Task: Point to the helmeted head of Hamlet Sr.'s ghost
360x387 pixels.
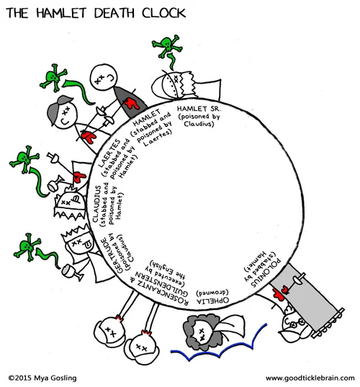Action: click(174, 84)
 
